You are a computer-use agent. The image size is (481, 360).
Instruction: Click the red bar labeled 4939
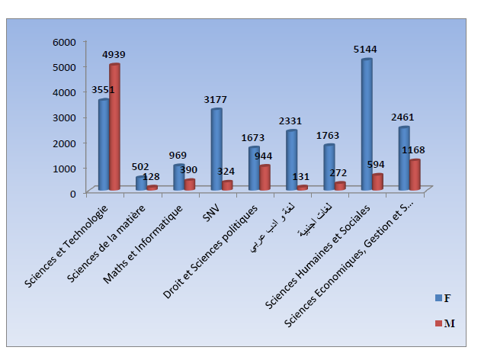114,127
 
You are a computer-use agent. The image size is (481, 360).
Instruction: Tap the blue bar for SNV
216,149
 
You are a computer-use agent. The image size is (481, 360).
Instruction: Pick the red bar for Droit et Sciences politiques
265,177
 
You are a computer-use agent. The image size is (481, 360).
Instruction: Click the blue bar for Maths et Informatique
178,177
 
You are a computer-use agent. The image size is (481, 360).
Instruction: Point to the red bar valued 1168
414,174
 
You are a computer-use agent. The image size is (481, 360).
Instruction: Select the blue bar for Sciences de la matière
141,183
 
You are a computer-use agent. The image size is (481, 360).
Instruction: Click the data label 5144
366,49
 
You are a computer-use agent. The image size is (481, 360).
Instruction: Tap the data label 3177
216,99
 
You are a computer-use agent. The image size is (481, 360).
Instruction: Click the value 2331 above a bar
290,121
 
